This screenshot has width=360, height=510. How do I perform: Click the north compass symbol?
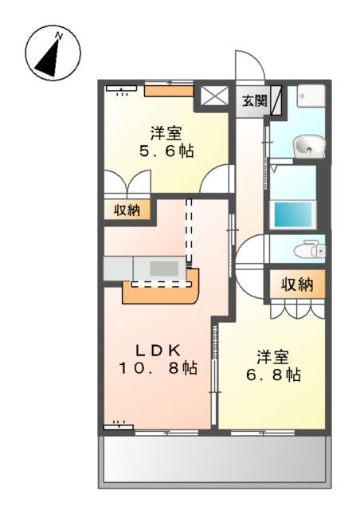pos(51,53)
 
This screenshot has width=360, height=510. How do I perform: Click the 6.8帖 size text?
pos(272,374)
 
